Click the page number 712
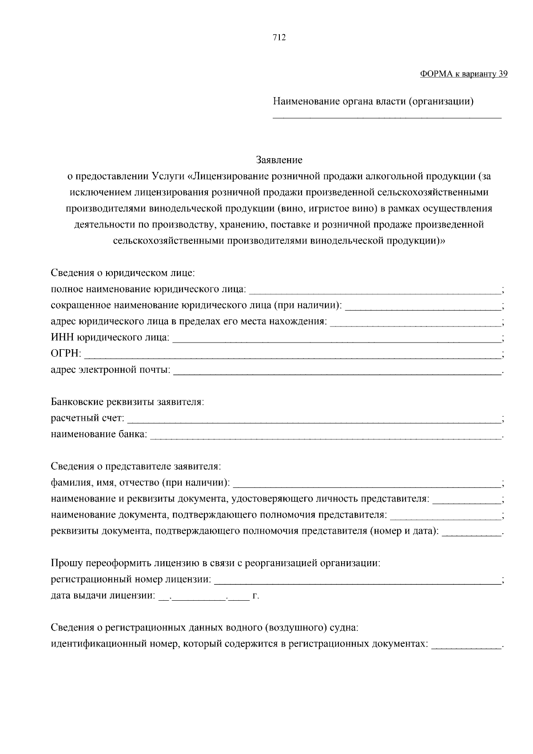[x=279, y=38]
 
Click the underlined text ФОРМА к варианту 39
[x=463, y=74]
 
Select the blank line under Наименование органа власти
[x=386, y=117]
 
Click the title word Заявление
[x=279, y=160]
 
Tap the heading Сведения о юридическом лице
[x=123, y=273]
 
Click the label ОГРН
[x=65, y=354]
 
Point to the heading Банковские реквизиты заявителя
[x=127, y=402]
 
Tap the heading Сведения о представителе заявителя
[x=135, y=467]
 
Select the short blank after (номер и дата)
[x=471, y=534]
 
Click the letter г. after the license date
[x=255, y=596]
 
